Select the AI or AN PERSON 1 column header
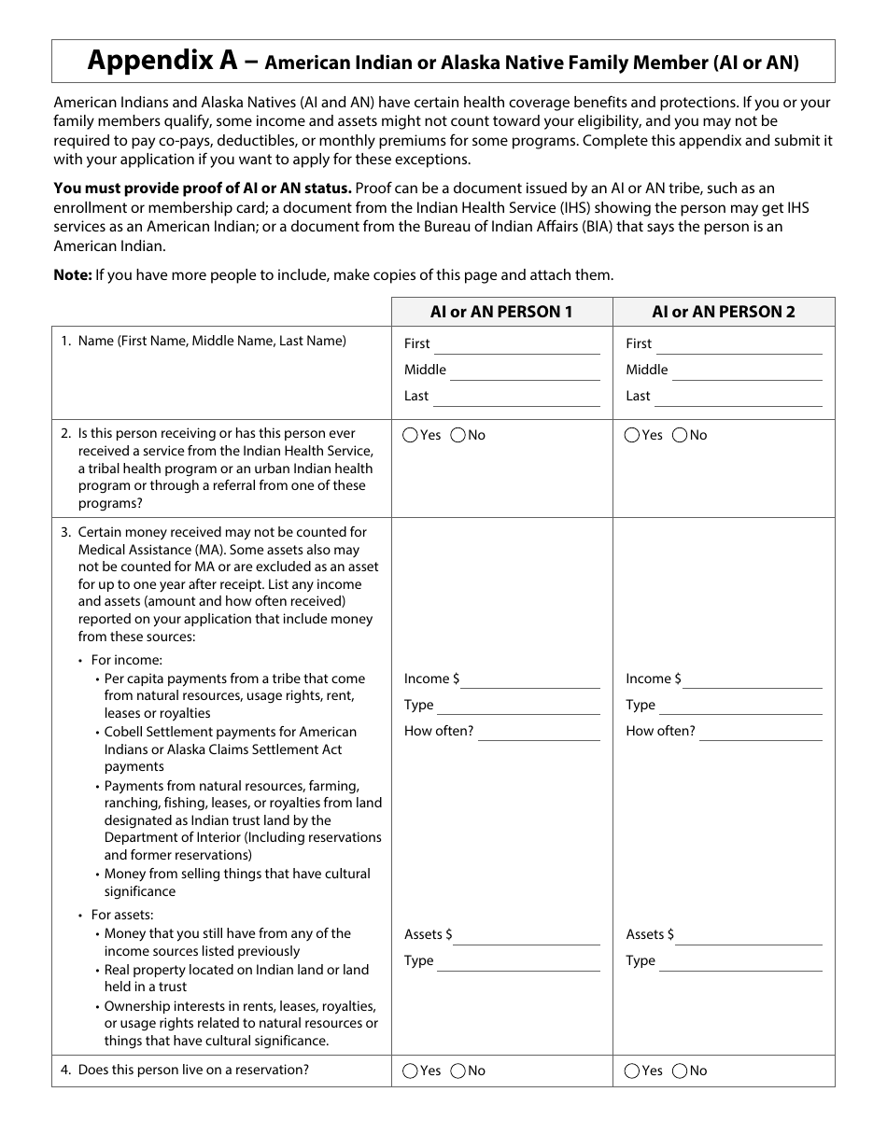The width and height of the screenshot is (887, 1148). pyautogui.click(x=501, y=312)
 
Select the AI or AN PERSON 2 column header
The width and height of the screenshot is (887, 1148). pyautogui.click(x=724, y=312)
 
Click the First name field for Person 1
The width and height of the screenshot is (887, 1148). pyautogui.click(x=517, y=345)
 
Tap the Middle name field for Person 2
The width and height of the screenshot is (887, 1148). pyautogui.click(x=747, y=371)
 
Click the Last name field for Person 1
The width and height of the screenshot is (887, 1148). pyautogui.click(x=515, y=398)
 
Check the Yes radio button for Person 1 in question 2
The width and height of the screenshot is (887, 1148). pyautogui.click(x=411, y=435)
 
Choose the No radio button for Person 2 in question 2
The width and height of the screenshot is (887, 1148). pyautogui.click(x=680, y=435)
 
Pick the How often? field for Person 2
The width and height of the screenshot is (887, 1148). pyautogui.click(x=760, y=733)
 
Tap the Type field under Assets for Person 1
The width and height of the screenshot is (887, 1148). pyautogui.click(x=518, y=962)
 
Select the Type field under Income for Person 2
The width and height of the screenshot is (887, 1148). pyautogui.click(x=741, y=707)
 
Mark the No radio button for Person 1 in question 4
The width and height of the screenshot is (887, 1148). pyautogui.click(x=458, y=1071)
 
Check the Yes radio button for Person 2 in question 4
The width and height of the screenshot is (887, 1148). pyautogui.click(x=632, y=1071)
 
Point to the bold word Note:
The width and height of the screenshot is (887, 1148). pyautogui.click(x=73, y=274)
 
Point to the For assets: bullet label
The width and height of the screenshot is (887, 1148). pyautogui.click(x=122, y=915)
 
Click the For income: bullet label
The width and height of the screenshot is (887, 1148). pyautogui.click(x=126, y=660)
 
